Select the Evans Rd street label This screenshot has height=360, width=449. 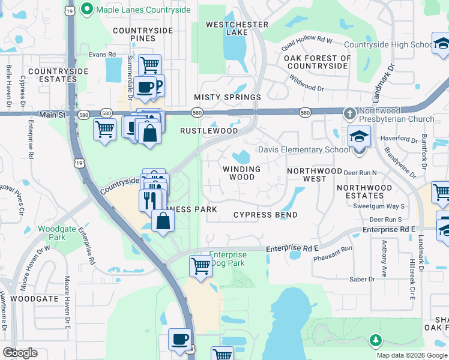tap(102, 54)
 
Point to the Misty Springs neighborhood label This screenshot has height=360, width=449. tap(228, 97)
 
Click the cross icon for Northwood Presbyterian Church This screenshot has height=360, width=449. tap(350, 113)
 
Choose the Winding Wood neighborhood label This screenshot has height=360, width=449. tap(242, 173)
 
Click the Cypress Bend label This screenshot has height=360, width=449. tap(265, 215)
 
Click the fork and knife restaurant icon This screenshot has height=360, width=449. tap(150, 199)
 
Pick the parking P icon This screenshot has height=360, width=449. tap(158, 85)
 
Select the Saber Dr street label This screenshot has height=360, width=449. tap(363, 279)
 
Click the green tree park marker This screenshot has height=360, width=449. tap(376, 341)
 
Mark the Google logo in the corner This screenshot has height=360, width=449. tap(20, 352)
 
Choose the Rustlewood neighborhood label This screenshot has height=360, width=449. tap(205, 130)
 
